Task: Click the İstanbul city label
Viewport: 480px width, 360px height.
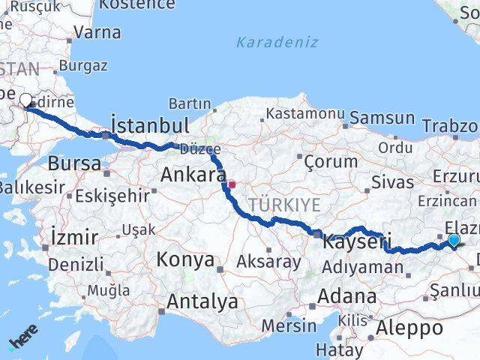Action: tap(149, 125)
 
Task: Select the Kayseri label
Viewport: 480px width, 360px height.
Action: tap(358, 241)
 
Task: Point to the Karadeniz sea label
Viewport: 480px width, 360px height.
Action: tap(277, 43)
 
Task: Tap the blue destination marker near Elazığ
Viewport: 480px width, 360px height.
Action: tap(454, 240)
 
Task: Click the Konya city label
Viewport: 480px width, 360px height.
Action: tap(183, 259)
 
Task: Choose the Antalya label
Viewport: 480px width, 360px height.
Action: tap(202, 301)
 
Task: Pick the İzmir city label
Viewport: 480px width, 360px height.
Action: tap(75, 238)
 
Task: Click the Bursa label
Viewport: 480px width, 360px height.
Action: tap(74, 163)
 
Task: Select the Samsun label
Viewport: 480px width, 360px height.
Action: tap(382, 118)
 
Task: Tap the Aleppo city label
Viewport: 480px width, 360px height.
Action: tap(410, 327)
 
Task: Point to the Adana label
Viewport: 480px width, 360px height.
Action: tap(346, 295)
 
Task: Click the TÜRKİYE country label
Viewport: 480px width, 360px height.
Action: tap(284, 205)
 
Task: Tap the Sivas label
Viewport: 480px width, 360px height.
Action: tap(392, 182)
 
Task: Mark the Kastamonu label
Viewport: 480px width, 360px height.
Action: tap(302, 114)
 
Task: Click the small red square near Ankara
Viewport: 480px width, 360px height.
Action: tap(232, 184)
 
